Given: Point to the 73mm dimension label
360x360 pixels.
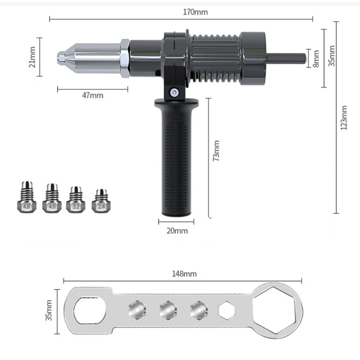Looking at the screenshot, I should pyautogui.click(x=216, y=151).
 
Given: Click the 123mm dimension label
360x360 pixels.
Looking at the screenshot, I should pyautogui.click(x=344, y=118).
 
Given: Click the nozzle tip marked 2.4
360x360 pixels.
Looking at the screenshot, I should pyautogui.click(x=100, y=199).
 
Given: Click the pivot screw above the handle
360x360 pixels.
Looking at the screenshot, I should pyautogui.click(x=173, y=92).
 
